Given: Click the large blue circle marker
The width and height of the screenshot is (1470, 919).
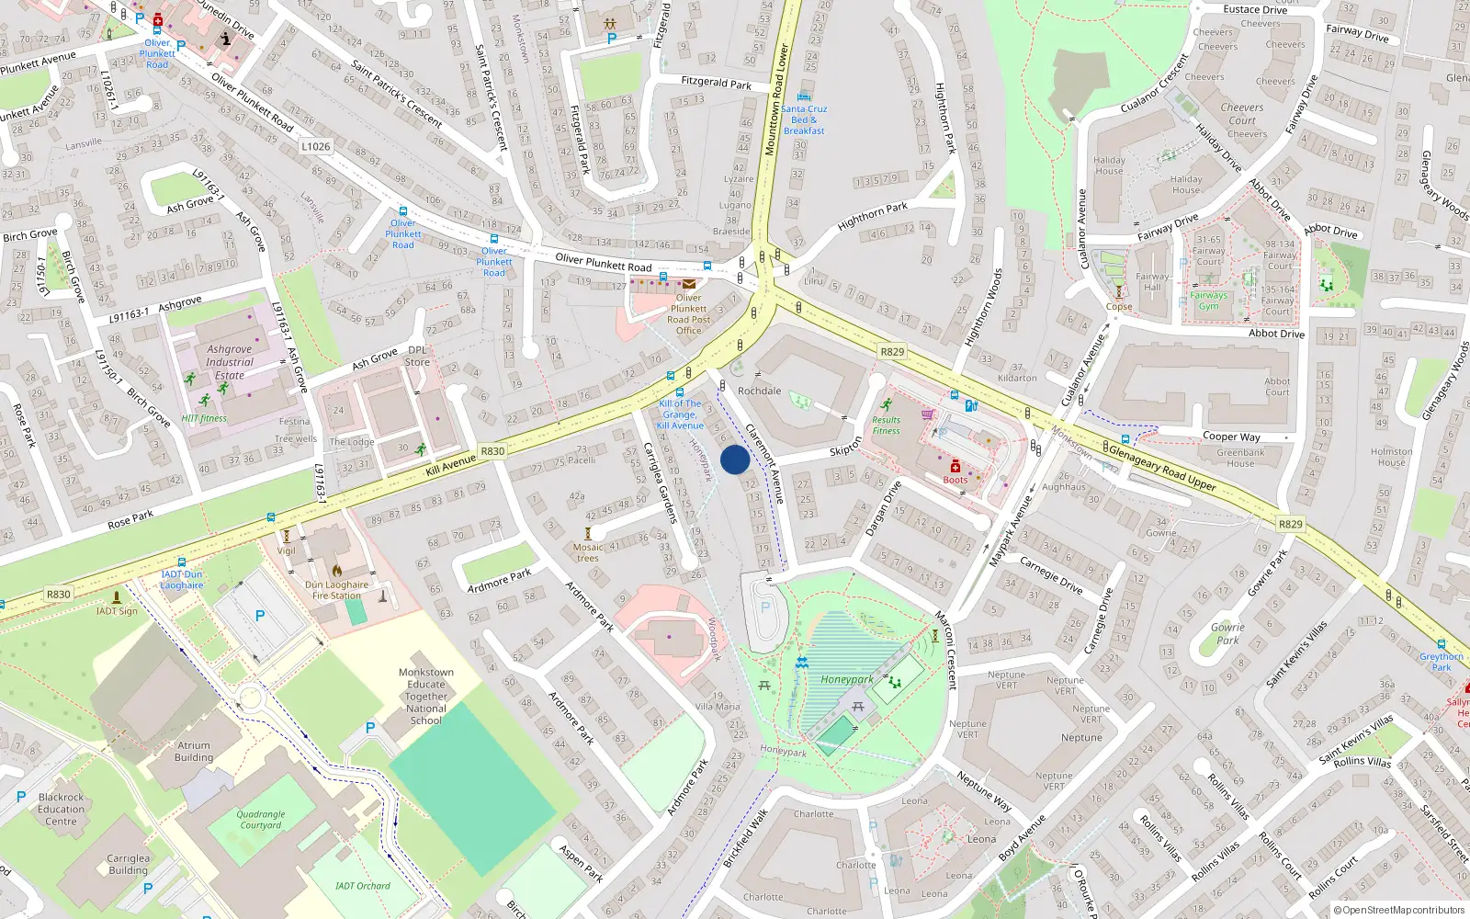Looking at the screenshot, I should [735, 459].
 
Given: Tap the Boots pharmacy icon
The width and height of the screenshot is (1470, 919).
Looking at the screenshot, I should [955, 466].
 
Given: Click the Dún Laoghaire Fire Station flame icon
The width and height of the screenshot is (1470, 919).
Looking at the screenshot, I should [337, 571].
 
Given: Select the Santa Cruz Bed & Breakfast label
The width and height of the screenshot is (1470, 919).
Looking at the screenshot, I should [804, 119].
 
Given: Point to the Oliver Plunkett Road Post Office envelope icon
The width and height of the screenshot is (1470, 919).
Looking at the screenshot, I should [688, 284].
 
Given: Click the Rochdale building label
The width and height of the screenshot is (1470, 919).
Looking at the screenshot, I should [759, 391].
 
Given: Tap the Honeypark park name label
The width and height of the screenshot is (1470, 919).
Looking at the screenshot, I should [846, 680].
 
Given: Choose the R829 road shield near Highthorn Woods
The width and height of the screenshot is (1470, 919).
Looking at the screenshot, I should [892, 351].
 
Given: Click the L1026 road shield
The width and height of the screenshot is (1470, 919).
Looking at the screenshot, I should [315, 146].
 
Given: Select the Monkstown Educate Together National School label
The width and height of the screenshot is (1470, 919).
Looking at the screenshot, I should [426, 697].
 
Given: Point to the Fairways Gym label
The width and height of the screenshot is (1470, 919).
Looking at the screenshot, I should [1208, 301].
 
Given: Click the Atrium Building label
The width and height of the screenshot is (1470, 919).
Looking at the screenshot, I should [193, 752].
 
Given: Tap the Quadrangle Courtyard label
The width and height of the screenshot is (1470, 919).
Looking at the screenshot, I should [261, 819].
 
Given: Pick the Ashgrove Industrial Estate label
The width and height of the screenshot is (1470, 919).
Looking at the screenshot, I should [230, 362].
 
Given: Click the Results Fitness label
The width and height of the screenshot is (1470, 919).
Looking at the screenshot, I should [886, 425].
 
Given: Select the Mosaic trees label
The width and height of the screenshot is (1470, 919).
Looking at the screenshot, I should [588, 552].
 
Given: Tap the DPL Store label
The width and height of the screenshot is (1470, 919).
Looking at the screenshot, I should [417, 356].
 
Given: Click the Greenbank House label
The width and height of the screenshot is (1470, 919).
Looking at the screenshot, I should [1240, 458].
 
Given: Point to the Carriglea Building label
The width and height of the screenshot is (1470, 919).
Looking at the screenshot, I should [128, 864].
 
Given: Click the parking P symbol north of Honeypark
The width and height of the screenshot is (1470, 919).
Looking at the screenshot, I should [765, 607].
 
